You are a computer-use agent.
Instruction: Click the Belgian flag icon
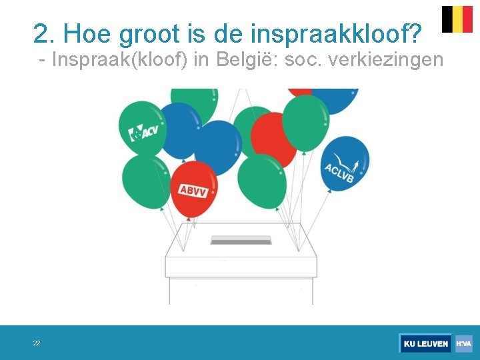[457, 19]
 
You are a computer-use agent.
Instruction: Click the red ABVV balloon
[194, 187]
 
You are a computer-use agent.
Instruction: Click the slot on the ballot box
[241, 240]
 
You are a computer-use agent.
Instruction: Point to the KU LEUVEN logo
[425, 343]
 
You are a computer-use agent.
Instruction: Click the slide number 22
[37, 343]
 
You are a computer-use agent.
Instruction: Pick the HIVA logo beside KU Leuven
[464, 343]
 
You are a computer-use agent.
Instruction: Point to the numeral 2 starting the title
[41, 33]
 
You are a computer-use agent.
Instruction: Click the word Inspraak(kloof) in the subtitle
[120, 60]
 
